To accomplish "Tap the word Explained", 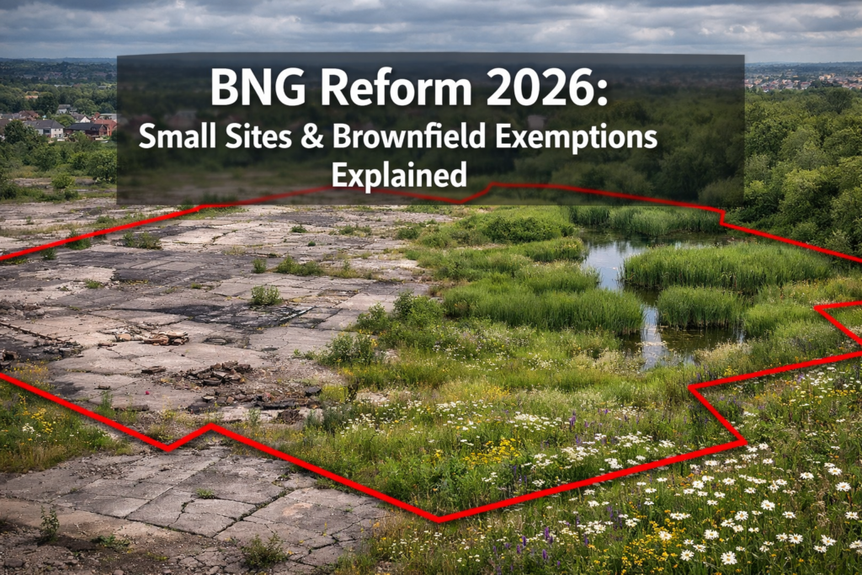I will [399, 175].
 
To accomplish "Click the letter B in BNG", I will [223, 87].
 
